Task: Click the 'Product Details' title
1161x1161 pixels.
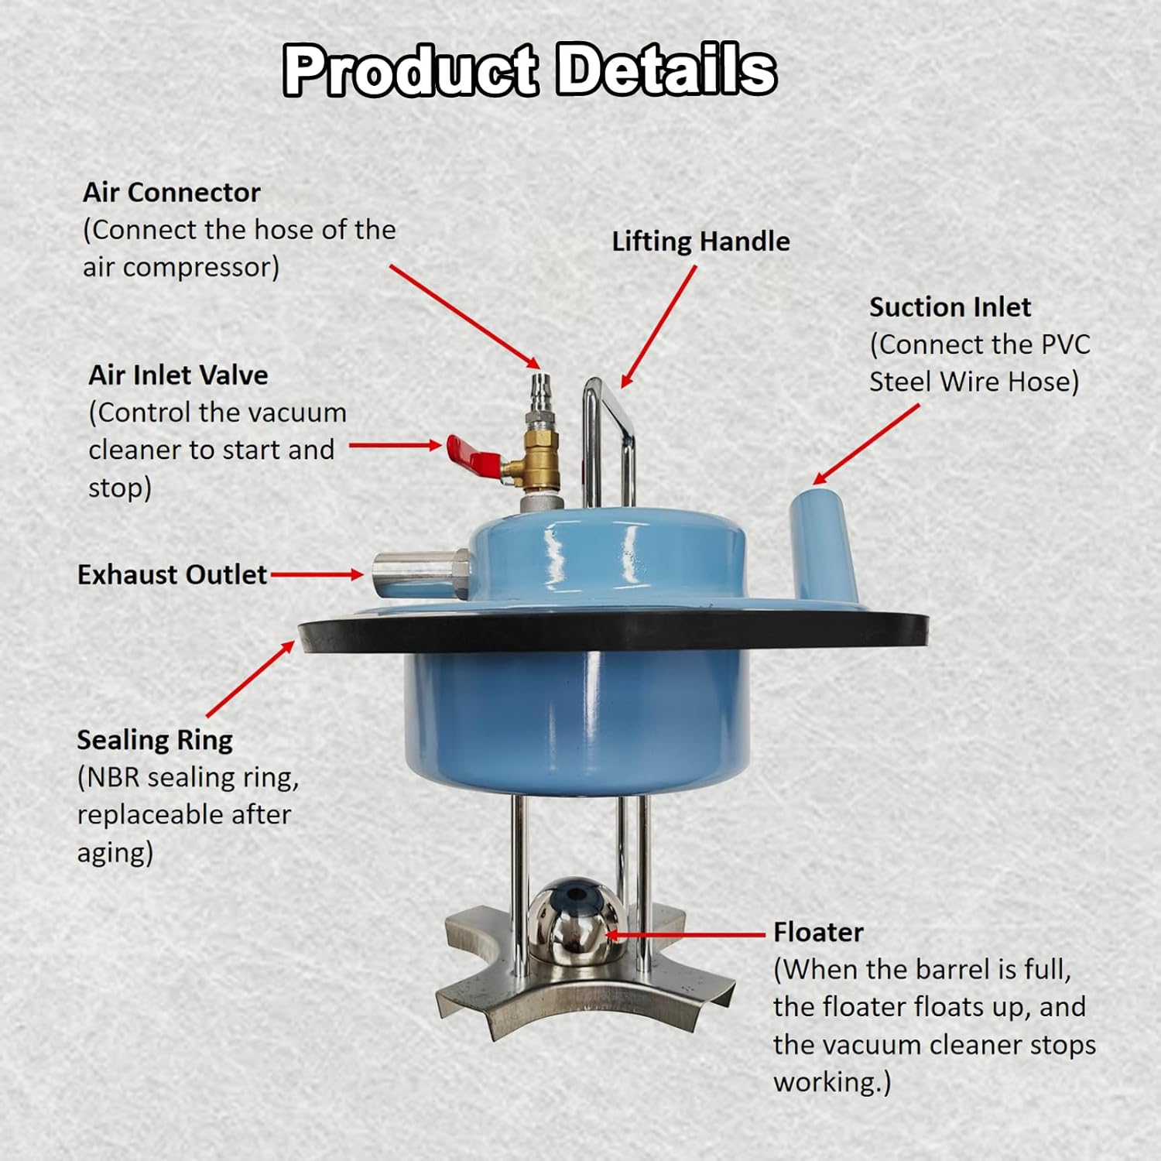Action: click(x=529, y=70)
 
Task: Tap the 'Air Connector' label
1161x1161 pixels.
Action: click(x=171, y=193)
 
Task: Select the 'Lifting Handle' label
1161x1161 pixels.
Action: click(x=700, y=241)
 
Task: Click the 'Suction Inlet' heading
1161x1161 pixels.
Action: click(x=950, y=307)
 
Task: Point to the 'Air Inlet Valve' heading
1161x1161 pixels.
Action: click(x=178, y=375)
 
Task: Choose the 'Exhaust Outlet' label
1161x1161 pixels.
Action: click(x=172, y=575)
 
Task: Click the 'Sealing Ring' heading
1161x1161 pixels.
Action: click(x=155, y=740)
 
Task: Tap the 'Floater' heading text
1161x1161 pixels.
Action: click(x=818, y=932)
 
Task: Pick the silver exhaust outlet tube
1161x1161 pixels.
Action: click(x=418, y=573)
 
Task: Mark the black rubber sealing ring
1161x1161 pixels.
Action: click(x=611, y=631)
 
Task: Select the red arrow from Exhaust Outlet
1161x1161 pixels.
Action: click(x=317, y=574)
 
